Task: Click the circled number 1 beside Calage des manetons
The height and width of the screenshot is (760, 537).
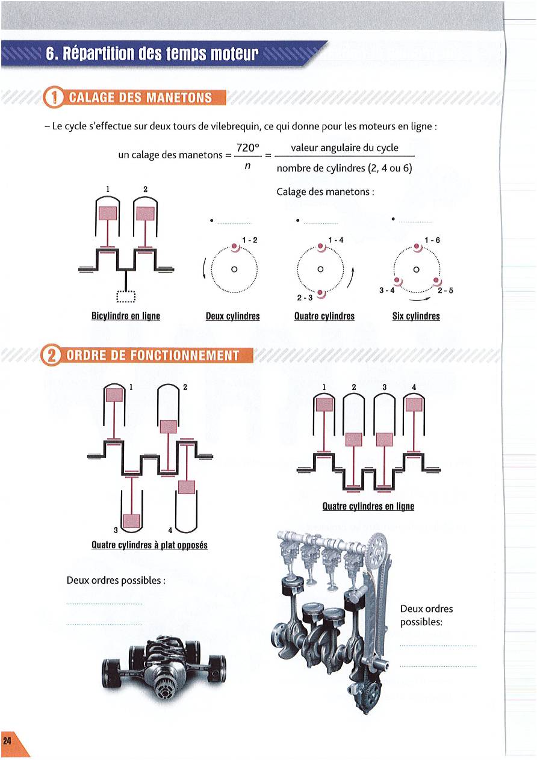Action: [54, 97]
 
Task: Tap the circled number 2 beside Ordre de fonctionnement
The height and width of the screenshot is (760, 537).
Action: [51, 356]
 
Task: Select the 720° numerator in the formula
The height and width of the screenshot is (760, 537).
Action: [247, 148]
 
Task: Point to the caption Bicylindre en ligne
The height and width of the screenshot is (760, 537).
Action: [126, 316]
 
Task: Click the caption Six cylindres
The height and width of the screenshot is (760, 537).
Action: [416, 316]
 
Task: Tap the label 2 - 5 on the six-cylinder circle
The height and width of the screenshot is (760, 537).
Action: [445, 291]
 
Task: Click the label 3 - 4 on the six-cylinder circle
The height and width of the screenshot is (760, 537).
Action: [387, 291]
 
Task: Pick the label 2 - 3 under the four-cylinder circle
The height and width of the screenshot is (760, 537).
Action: [305, 298]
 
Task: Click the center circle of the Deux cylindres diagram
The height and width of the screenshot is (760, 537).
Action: [234, 270]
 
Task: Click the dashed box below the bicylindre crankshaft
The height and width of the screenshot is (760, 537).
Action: [126, 297]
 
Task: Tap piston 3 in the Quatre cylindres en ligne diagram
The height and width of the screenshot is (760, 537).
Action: [384, 440]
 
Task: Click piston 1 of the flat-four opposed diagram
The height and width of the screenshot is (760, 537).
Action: [114, 395]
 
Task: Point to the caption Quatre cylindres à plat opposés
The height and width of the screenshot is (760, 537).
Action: [149, 545]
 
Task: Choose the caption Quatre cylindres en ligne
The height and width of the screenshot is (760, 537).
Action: [368, 506]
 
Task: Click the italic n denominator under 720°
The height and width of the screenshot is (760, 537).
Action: [247, 166]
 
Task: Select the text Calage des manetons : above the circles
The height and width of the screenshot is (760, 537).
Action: [325, 192]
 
